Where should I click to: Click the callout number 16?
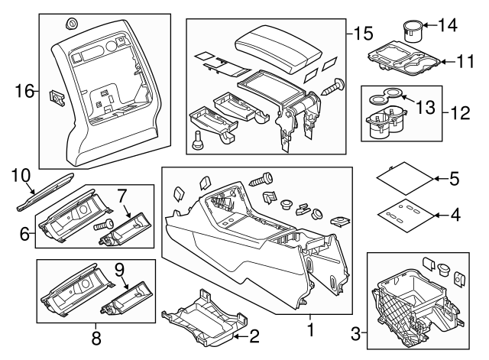(24, 92)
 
